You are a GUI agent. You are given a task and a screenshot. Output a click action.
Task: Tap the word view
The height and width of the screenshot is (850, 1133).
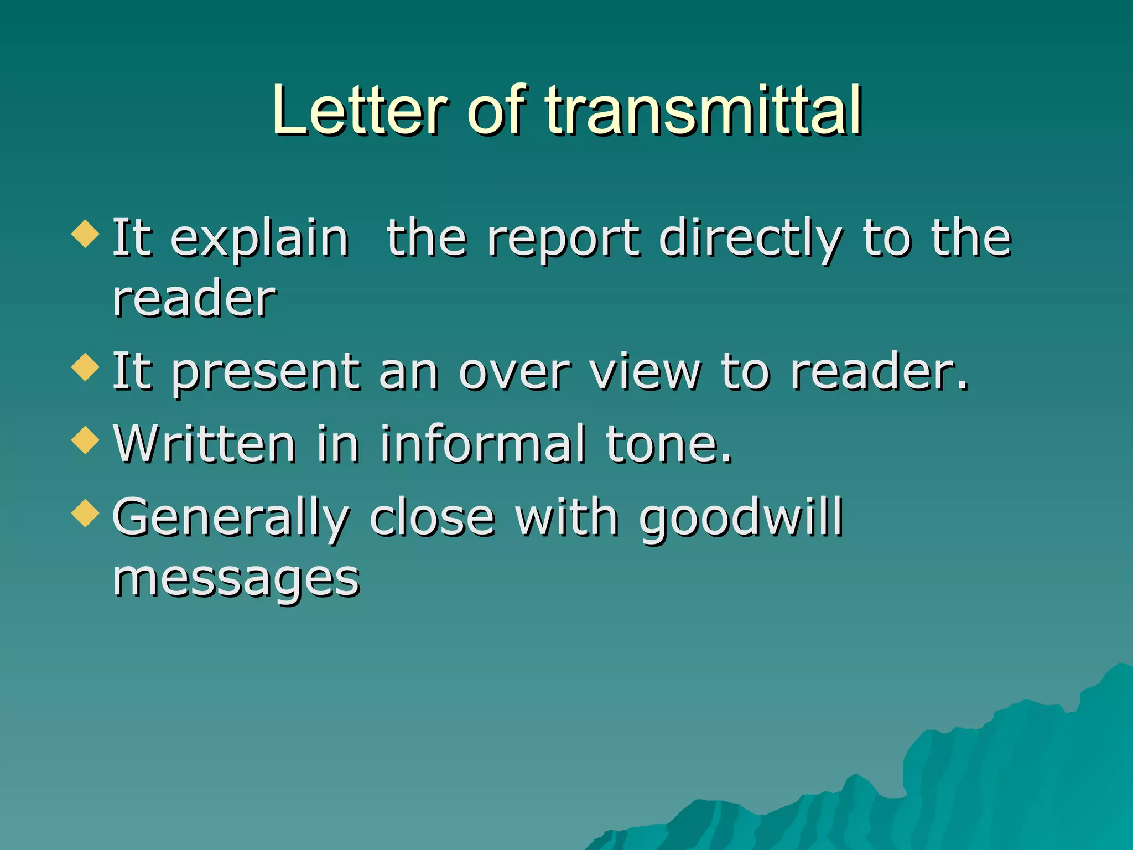point(645,372)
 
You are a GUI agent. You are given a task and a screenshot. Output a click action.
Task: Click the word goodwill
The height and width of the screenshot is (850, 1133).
point(741,519)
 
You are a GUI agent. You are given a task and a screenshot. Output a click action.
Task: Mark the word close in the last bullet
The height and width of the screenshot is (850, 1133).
point(432,519)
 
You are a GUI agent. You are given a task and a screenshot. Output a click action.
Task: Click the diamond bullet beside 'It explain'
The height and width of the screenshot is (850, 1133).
point(86,234)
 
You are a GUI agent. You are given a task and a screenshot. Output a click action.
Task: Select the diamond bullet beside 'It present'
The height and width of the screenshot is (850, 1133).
point(86,367)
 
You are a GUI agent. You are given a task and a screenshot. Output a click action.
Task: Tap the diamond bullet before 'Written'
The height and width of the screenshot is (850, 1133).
point(86,440)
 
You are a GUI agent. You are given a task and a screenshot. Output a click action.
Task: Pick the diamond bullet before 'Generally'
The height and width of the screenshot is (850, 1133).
point(86,513)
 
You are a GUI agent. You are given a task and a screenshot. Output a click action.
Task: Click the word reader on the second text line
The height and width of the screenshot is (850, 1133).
point(194,299)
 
